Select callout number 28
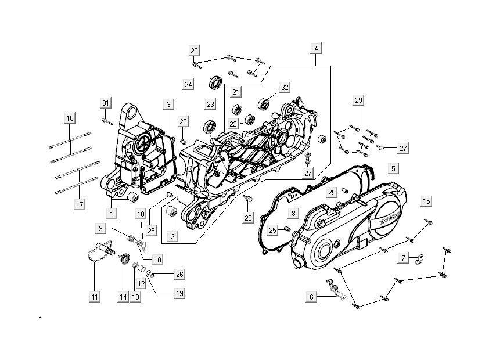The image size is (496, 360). tap(195, 51)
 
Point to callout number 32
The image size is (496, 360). tap(285, 88)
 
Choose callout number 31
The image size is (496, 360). tap(105, 103)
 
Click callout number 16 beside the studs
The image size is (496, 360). tap(70, 118)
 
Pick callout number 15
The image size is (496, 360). tap(427, 201)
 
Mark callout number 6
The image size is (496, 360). tap(311, 297)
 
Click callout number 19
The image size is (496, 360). tap(179, 294)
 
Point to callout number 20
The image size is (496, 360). tap(248, 218)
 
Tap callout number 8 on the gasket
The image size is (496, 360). tap(294, 213)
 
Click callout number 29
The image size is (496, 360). tap(358, 101)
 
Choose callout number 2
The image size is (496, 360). tap(172, 236)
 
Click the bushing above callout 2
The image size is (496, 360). tap(172, 213)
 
